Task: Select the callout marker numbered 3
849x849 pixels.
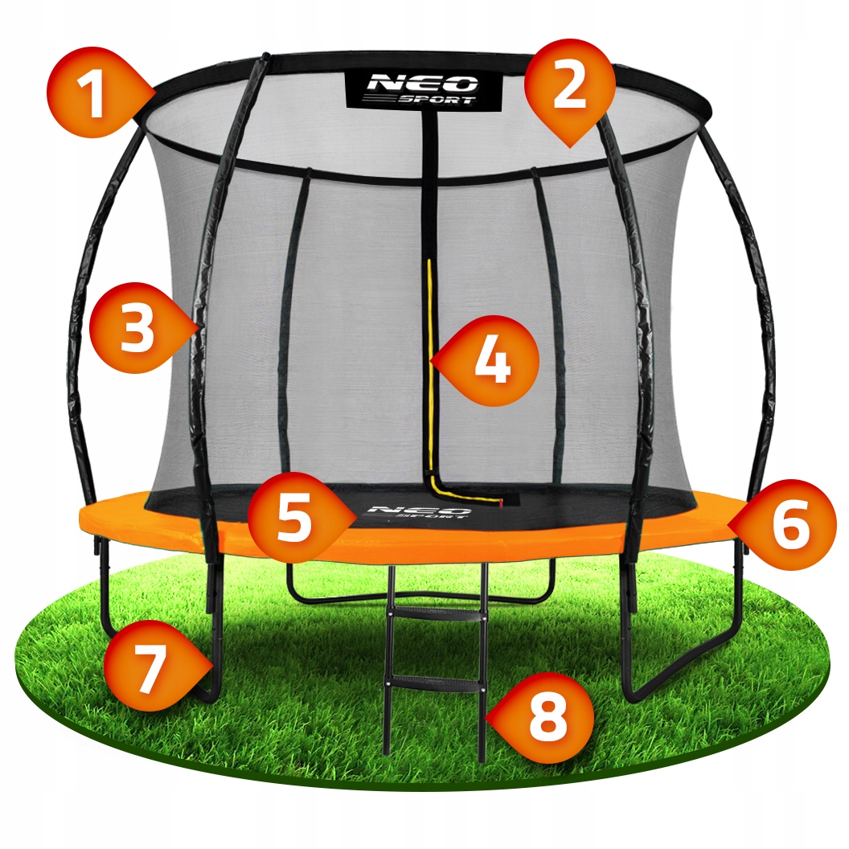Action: [135, 330]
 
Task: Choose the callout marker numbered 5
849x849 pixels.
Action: [293, 519]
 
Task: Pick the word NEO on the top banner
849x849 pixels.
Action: [423, 82]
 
